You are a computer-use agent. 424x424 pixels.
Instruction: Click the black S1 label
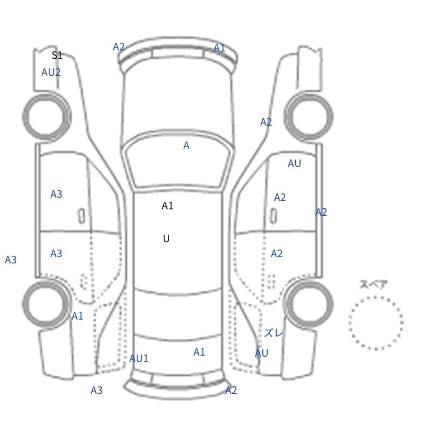pyautogui.click(x=57, y=55)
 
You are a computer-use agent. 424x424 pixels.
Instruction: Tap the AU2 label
pyautogui.click(x=51, y=72)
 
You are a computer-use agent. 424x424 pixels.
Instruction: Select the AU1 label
pyautogui.click(x=139, y=358)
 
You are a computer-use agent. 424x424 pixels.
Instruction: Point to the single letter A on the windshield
pyautogui.click(x=187, y=145)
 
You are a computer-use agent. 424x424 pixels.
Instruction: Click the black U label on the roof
pyautogui.click(x=166, y=238)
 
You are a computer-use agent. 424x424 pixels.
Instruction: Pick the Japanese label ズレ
pyautogui.click(x=273, y=333)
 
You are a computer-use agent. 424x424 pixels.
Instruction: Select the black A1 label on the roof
pyautogui.click(x=167, y=206)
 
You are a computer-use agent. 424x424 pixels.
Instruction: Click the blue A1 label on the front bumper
pyautogui.click(x=219, y=48)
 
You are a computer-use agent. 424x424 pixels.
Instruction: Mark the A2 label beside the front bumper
pyautogui.click(x=119, y=47)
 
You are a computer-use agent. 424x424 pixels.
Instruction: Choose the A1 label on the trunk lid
pyautogui.click(x=199, y=352)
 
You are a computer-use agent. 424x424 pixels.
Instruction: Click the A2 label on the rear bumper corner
pyautogui.click(x=231, y=390)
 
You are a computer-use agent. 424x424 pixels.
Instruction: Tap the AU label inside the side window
pyautogui.click(x=294, y=163)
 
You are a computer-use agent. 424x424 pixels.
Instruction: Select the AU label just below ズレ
pyautogui.click(x=261, y=353)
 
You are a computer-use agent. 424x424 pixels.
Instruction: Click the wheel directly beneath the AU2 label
pyautogui.click(x=47, y=116)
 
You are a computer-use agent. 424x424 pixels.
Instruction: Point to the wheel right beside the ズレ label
pyautogui.click(x=309, y=304)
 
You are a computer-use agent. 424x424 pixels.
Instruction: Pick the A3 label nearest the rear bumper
pyautogui.click(x=96, y=390)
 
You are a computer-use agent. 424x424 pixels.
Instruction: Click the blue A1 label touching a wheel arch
pyautogui.click(x=77, y=316)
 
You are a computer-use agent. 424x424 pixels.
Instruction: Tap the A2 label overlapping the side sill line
pyautogui.click(x=321, y=212)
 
